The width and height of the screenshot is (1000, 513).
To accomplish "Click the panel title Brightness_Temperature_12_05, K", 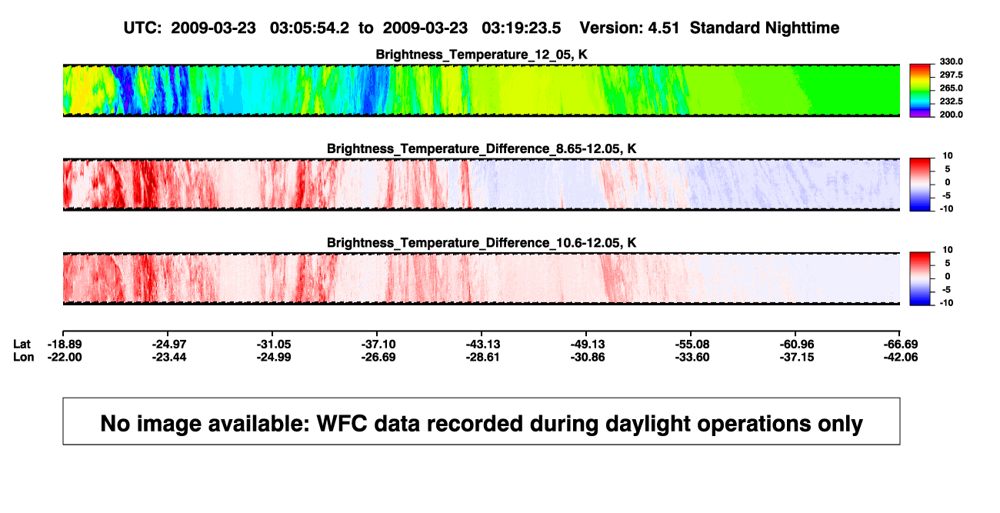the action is tap(482, 55).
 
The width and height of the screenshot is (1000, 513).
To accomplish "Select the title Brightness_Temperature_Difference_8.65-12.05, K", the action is tap(482, 148).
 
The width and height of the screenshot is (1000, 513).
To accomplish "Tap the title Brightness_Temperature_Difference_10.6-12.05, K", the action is tap(482, 243).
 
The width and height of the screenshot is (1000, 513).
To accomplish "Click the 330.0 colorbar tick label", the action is tap(951, 62).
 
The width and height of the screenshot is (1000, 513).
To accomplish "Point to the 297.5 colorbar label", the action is tap(951, 75).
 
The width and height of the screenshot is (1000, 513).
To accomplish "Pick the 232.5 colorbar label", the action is tap(951, 102).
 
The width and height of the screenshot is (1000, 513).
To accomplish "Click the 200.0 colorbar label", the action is tap(951, 115).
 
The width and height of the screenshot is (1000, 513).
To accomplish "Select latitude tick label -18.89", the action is tap(65, 345).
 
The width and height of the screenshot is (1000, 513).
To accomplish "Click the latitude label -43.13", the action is tap(483, 345).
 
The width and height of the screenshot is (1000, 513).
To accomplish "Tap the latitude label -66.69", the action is tap(901, 345).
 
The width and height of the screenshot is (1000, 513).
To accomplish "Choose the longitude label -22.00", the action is tap(65, 357).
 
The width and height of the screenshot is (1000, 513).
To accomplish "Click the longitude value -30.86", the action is tap(588, 357).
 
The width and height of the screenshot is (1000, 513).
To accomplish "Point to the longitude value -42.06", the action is tap(901, 357).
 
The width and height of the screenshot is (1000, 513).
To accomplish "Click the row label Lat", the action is tap(22, 345).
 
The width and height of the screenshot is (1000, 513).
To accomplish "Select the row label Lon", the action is tap(23, 357).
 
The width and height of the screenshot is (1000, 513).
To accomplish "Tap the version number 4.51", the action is tap(663, 28).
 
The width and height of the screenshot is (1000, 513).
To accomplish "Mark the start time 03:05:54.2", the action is tap(309, 28).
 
